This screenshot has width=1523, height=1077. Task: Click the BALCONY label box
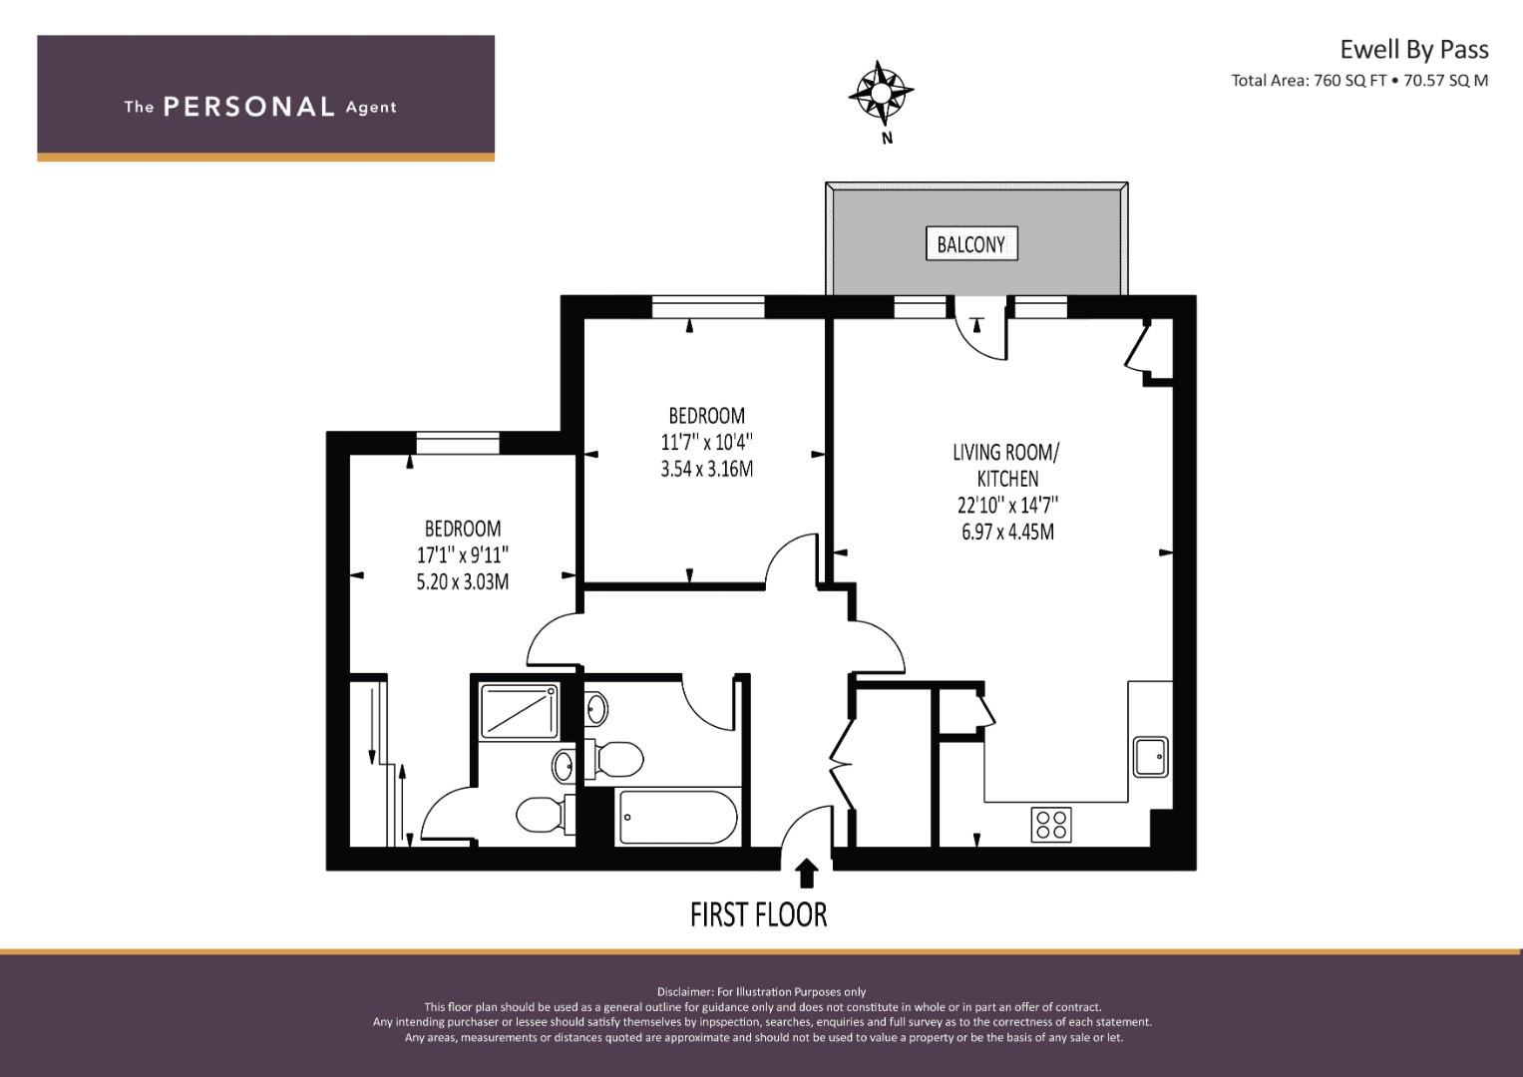coord(971,243)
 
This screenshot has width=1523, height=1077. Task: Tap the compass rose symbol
coord(881,93)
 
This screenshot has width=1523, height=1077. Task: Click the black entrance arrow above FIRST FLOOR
coord(806,873)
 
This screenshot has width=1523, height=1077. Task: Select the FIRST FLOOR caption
coord(759,915)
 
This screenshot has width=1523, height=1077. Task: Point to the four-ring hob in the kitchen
coord(1051,825)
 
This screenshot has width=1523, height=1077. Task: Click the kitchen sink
coord(1150,757)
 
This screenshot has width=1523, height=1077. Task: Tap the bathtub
coord(678,817)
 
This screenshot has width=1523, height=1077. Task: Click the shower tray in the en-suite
coord(520,710)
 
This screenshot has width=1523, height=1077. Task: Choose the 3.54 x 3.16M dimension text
coord(706,469)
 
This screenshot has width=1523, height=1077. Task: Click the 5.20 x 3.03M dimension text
coord(463,582)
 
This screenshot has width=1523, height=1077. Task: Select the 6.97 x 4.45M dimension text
coord(1007,532)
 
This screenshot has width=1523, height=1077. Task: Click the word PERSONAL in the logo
coord(249,107)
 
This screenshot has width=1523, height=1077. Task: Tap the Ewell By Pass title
coord(1414,50)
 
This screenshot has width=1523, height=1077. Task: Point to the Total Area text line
coord(1359,81)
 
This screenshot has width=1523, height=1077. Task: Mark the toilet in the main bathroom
coord(613,759)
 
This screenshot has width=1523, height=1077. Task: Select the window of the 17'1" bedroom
coord(458,443)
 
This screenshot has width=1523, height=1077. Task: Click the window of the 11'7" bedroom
coord(708,307)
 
